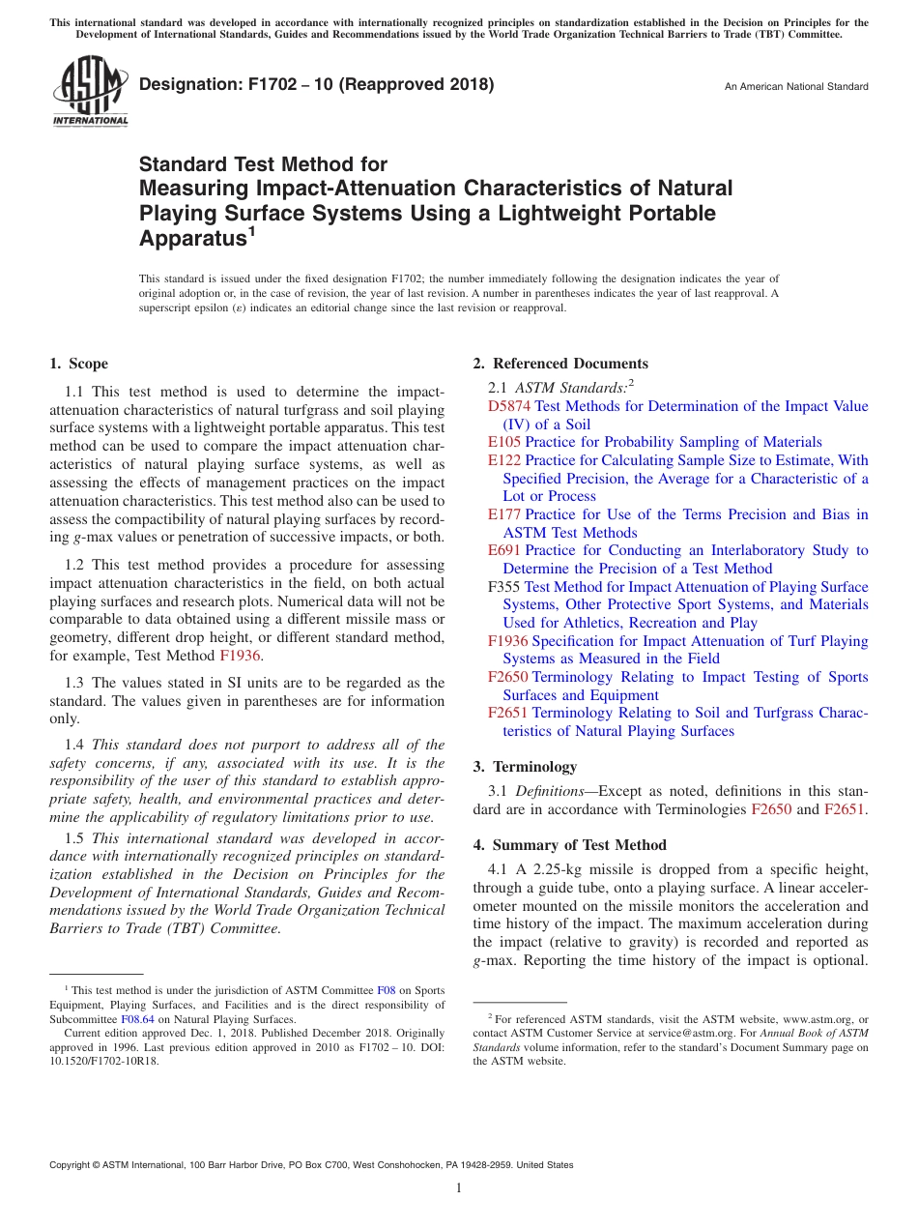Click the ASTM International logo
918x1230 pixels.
[x=90, y=91]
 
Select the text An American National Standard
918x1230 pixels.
[x=796, y=87]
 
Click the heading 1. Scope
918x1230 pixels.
[x=78, y=364]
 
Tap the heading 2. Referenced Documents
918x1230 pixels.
[x=560, y=364]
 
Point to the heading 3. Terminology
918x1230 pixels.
[x=525, y=767]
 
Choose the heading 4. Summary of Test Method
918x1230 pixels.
[x=569, y=845]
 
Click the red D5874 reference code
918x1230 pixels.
[x=508, y=406]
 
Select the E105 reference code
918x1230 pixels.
[x=504, y=442]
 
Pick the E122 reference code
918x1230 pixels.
[x=504, y=460]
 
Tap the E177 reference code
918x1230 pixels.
[x=504, y=514]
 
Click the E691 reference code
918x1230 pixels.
[x=504, y=550]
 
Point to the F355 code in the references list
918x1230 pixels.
[x=504, y=587]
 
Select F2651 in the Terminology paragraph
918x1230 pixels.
[x=845, y=809]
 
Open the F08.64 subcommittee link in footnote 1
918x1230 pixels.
[x=137, y=1019]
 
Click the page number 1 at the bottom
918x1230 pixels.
[x=459, y=1187]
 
